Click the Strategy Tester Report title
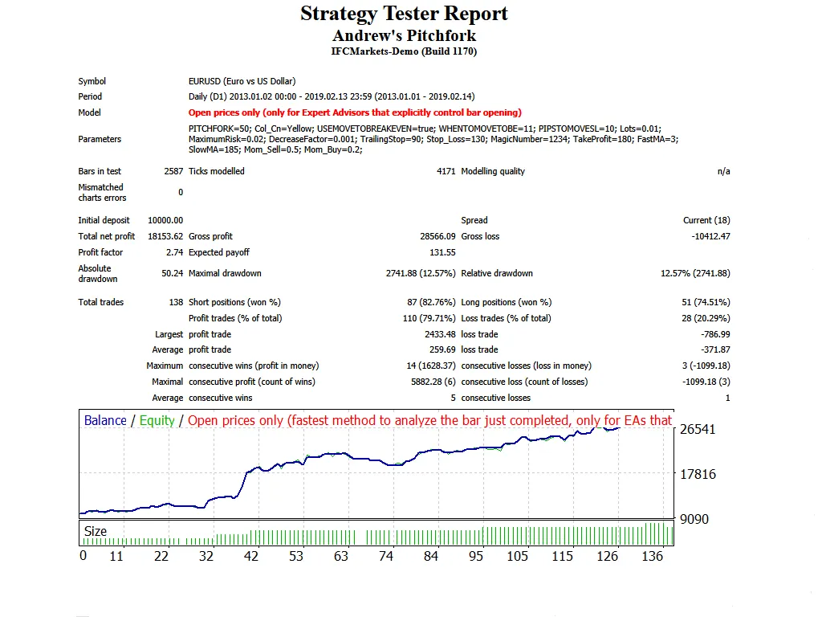click(x=404, y=14)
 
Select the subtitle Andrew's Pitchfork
click(x=404, y=35)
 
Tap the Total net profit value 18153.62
click(x=165, y=236)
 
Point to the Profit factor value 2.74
click(x=174, y=252)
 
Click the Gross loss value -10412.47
click(x=710, y=236)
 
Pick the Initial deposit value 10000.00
click(x=165, y=220)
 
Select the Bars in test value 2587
click(x=173, y=171)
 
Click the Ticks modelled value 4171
click(x=446, y=171)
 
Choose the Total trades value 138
click(x=176, y=302)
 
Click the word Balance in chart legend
click(x=105, y=420)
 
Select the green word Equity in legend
click(x=157, y=420)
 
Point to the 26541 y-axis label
click(x=698, y=429)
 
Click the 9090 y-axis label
click(x=694, y=519)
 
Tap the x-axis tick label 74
click(x=386, y=556)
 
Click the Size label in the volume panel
click(x=96, y=531)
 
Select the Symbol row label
click(x=92, y=81)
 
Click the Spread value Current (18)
click(x=706, y=220)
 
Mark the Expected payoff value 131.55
click(x=442, y=252)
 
